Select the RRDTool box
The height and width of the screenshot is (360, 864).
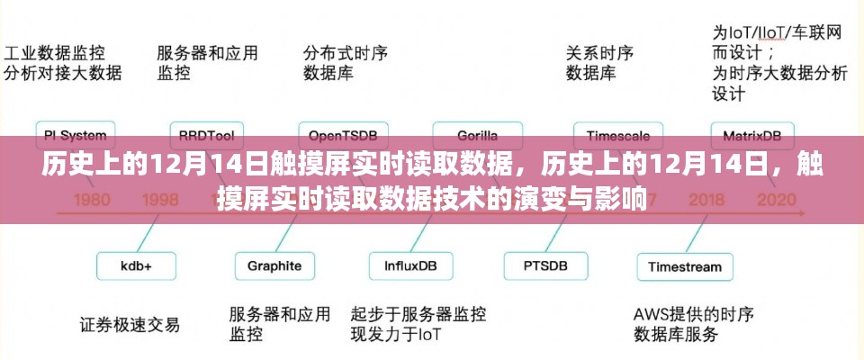pyautogui.click(x=207, y=137)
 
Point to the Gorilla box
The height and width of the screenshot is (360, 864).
pyautogui.click(x=477, y=137)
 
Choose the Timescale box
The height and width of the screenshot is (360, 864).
pyautogui.click(x=612, y=137)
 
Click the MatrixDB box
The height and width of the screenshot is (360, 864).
pyautogui.click(x=752, y=137)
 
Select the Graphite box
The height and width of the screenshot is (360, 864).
pyautogui.click(x=274, y=266)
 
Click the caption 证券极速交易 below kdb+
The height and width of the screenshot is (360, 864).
pyautogui.click(x=129, y=324)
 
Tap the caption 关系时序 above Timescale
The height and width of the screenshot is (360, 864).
pyautogui.click(x=598, y=51)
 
